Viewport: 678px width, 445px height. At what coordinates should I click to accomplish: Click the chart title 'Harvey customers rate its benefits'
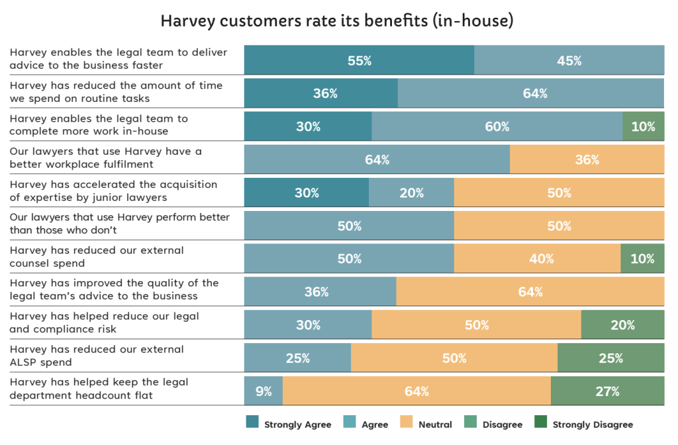[x=337, y=21]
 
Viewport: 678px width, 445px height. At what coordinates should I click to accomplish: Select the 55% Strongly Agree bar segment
[x=359, y=60]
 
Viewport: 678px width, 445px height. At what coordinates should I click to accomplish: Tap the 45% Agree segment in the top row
[x=569, y=60]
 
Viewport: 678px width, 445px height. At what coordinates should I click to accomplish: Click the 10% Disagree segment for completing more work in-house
[x=643, y=126]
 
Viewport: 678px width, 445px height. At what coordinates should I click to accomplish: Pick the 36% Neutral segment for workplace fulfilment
[x=587, y=159]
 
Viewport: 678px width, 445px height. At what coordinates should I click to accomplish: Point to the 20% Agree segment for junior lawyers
[x=411, y=192]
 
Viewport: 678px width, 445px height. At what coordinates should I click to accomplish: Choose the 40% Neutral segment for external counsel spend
[x=537, y=259]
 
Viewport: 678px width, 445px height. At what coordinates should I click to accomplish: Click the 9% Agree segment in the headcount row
[x=264, y=391]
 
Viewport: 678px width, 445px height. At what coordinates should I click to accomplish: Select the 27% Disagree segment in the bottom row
[x=607, y=391]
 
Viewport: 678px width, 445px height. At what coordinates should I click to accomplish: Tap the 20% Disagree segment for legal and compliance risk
[x=622, y=325]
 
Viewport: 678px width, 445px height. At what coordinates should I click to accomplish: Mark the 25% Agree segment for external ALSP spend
[x=297, y=358]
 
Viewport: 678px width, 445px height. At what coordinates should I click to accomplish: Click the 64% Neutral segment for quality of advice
[x=530, y=292]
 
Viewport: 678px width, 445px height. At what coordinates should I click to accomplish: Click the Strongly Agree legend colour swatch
[x=252, y=424]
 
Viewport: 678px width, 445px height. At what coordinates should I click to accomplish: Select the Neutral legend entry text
[x=435, y=425]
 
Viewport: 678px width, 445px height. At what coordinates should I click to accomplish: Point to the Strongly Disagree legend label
[x=593, y=425]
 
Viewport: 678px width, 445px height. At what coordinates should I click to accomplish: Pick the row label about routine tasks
[x=116, y=92]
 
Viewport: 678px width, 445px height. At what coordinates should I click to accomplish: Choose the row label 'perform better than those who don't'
[x=120, y=223]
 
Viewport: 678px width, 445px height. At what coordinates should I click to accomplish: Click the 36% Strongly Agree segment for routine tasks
[x=321, y=93]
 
